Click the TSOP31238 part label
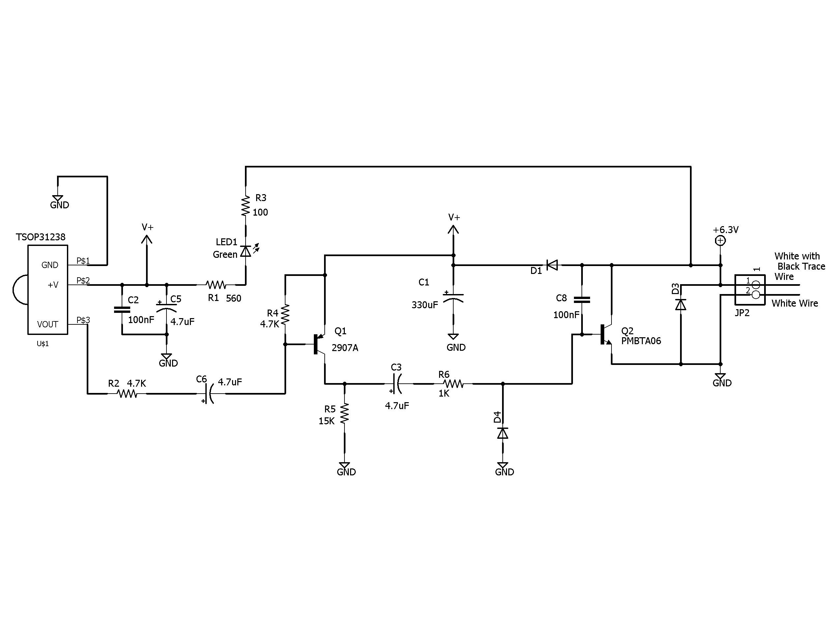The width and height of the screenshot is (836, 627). [41, 237]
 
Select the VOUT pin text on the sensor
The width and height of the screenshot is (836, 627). [47, 324]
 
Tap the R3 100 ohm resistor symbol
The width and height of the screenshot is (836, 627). [246, 206]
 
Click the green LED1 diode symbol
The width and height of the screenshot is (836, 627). [246, 251]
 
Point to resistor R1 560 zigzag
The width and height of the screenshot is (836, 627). [216, 284]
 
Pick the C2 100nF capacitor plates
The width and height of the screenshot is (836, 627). [122, 310]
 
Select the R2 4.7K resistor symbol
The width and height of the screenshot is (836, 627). [127, 394]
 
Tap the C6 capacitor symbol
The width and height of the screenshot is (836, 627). [209, 394]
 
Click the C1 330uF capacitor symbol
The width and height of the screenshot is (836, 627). [453, 297]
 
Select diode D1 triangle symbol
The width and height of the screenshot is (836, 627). [552, 265]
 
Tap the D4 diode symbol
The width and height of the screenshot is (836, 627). [503, 433]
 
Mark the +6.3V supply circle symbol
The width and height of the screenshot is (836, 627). [720, 241]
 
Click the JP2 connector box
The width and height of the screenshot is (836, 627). [749, 289]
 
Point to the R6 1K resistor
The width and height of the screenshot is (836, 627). [454, 384]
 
